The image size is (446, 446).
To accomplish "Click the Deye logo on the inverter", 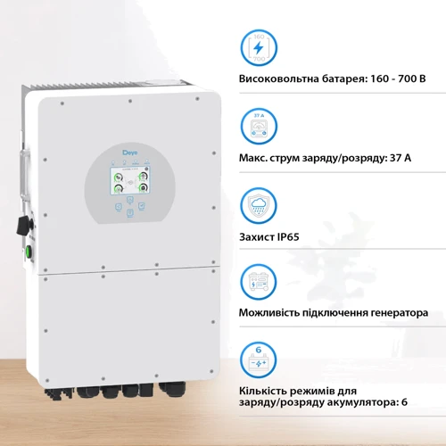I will [130, 153].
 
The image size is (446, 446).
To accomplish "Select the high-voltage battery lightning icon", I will [259, 46].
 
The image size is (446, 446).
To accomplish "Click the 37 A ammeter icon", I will [259, 125].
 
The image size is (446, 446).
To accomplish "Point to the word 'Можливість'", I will [275, 314].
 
